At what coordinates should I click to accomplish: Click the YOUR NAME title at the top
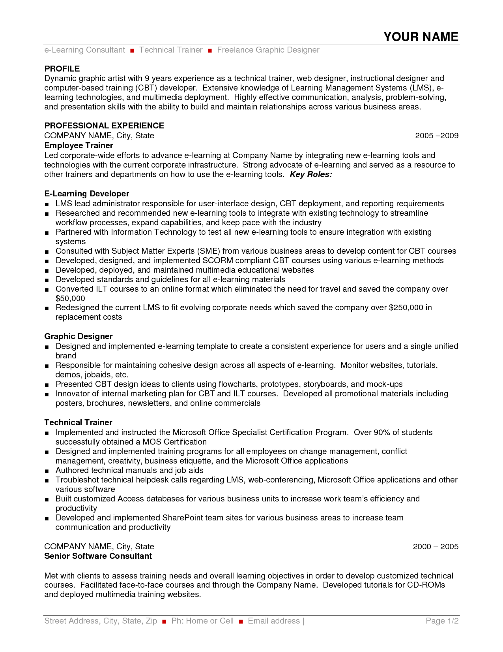pos(421,37)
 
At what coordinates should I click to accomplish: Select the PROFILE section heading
pos(62,69)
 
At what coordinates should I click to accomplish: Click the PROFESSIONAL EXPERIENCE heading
pos(104,126)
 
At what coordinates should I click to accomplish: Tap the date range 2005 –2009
pos(437,136)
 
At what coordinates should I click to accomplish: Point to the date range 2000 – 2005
pos(436,546)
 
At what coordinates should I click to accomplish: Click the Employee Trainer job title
pos(79,145)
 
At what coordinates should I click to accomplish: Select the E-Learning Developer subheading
pos(87,194)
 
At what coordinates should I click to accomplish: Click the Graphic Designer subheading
pos(79,336)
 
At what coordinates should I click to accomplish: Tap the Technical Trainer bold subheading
pos(78,422)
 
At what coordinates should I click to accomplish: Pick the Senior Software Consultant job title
pos(98,556)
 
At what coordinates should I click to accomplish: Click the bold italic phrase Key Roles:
pos(311,174)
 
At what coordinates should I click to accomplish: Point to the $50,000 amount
pos(70,298)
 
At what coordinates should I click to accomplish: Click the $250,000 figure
pos(406,307)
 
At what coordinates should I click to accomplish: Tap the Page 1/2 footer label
pos(442,621)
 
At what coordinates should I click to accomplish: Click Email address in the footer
pos(274,621)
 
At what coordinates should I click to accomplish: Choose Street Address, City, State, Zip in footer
pos(101,621)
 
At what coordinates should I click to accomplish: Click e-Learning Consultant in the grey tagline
pos(84,50)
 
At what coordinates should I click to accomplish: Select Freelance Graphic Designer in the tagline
pos(268,50)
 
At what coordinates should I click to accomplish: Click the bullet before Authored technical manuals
pos(47,471)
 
